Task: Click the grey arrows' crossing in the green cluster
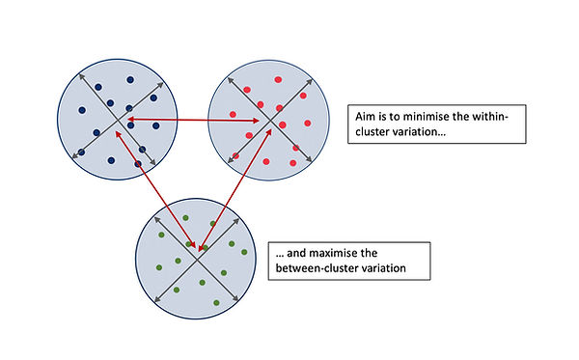pyautogui.click(x=197, y=255)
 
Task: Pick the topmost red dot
pyautogui.click(x=279, y=80)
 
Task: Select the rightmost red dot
pyautogui.click(x=309, y=124)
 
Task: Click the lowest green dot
pyautogui.click(x=215, y=302)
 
